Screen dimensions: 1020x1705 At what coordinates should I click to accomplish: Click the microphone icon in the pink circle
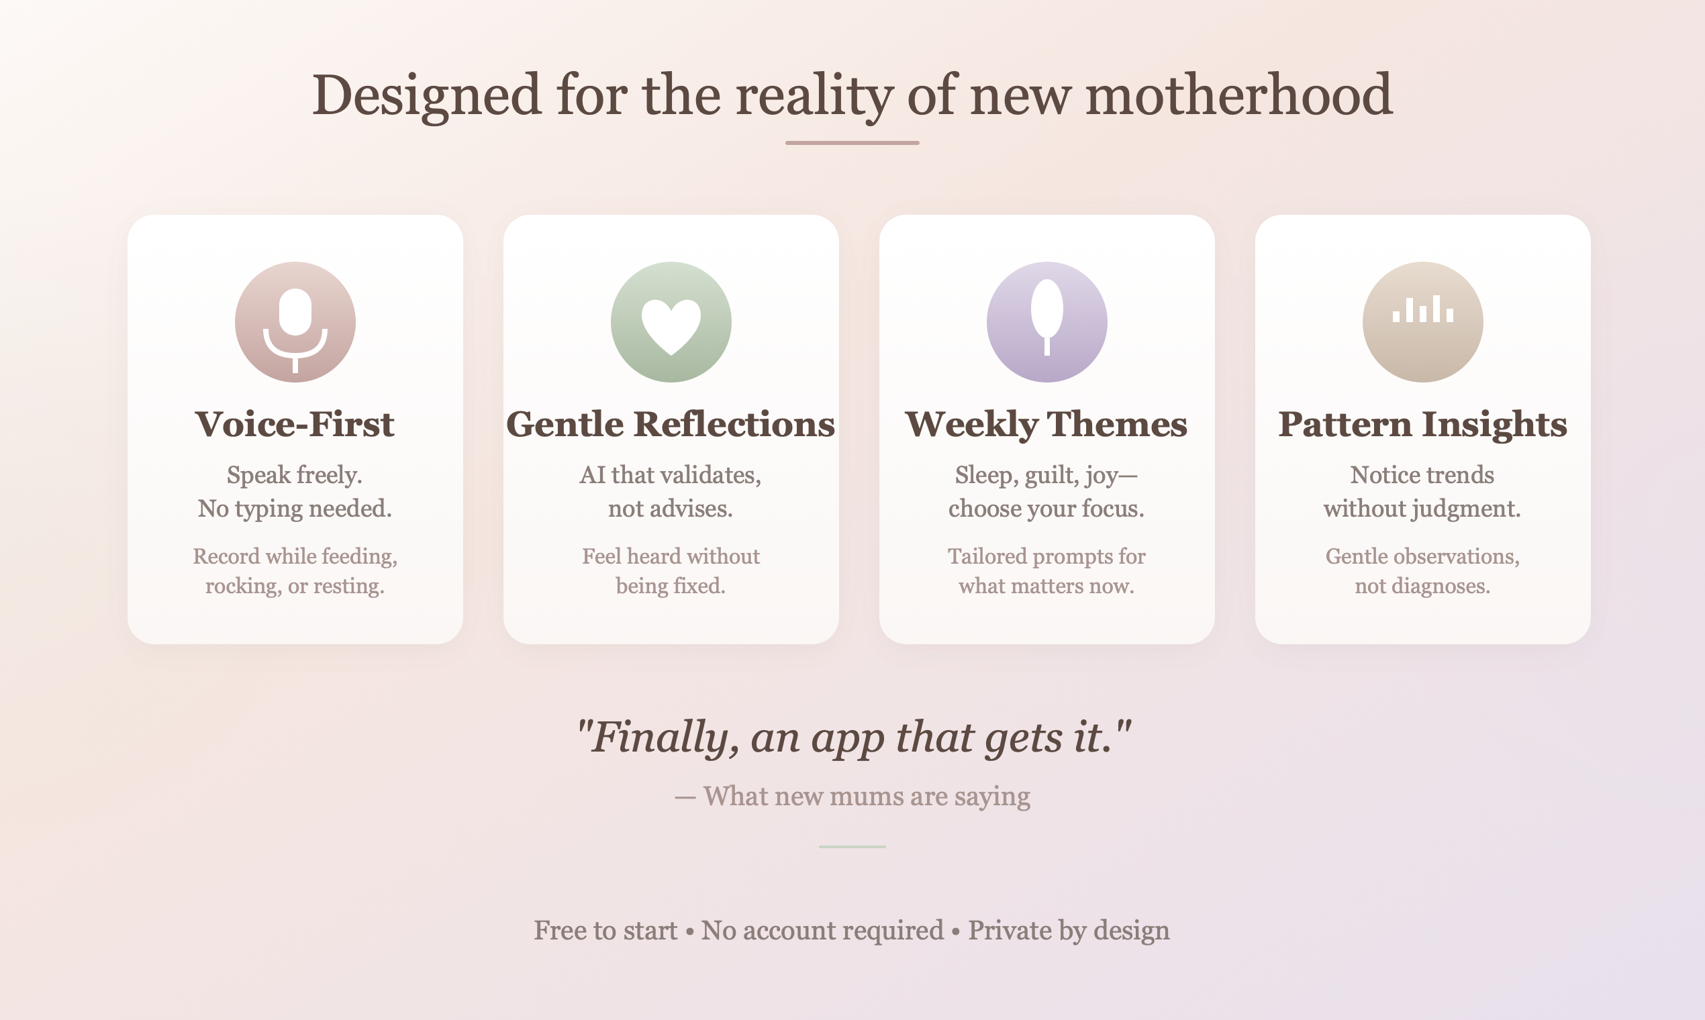(295, 323)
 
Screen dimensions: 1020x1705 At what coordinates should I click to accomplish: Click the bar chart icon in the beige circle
(1422, 311)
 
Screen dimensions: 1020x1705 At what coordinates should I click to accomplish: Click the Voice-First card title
(295, 424)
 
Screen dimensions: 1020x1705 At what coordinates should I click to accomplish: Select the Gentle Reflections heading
(671, 424)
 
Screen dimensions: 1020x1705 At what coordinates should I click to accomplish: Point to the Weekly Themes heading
(1046, 424)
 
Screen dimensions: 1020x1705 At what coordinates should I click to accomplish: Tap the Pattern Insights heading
(1422, 424)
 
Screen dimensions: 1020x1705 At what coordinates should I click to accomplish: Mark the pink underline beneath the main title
(852, 143)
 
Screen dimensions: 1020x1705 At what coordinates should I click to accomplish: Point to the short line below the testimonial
(852, 847)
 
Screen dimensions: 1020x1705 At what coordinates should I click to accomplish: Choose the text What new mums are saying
(866, 796)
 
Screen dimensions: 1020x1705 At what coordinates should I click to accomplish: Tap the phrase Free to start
(605, 931)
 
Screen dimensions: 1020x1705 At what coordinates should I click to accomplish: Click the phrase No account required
(822, 931)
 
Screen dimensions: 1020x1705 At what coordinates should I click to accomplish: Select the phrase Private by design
(1069, 931)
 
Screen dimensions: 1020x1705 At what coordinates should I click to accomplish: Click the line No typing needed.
(295, 509)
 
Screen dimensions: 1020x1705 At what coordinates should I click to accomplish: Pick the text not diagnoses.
(1422, 586)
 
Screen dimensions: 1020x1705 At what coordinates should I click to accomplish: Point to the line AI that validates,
(671, 475)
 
